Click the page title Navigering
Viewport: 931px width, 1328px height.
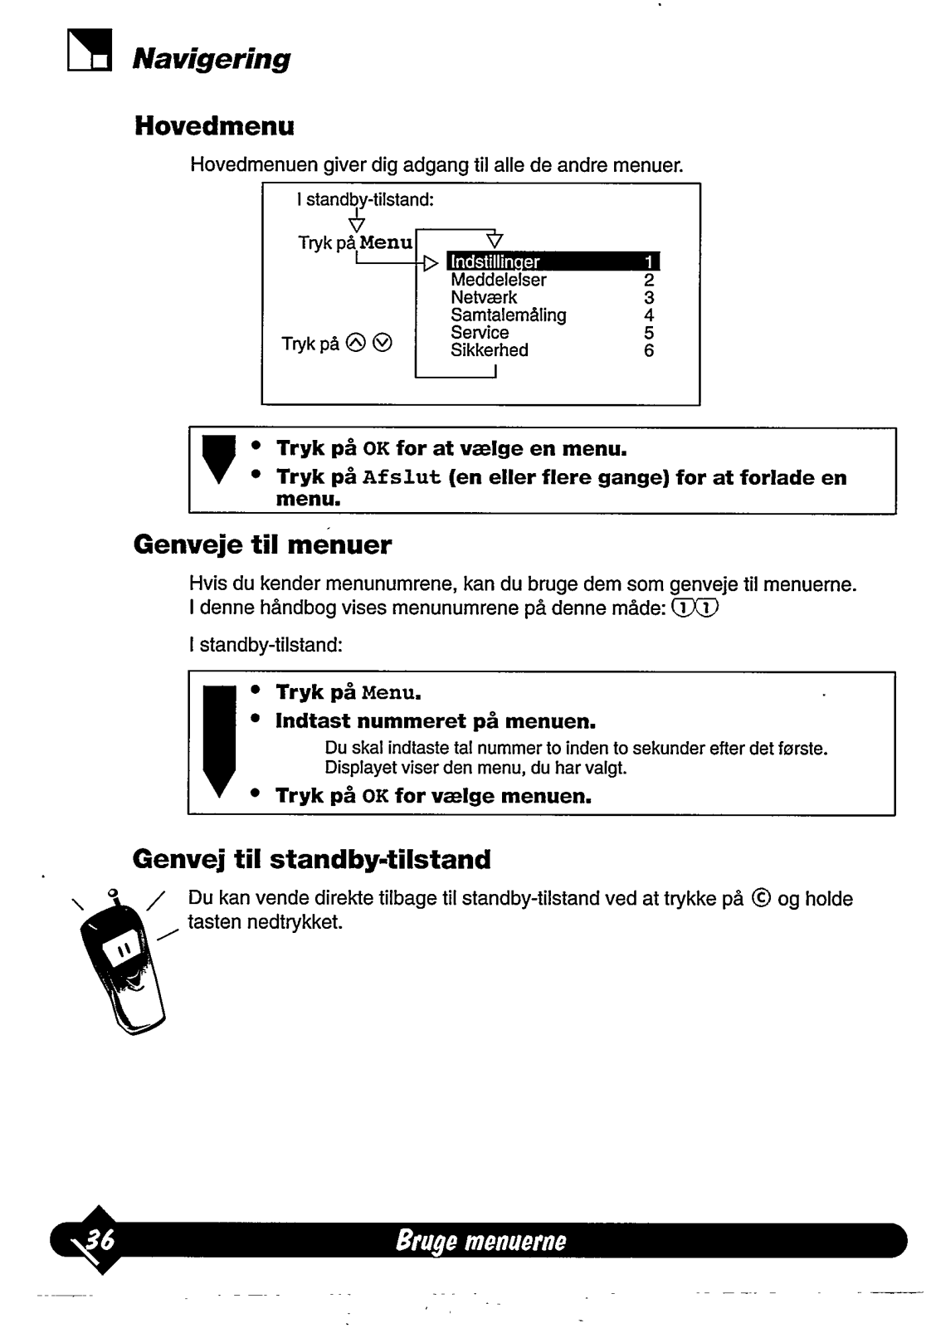click(212, 59)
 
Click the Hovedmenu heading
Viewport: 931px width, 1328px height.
click(214, 127)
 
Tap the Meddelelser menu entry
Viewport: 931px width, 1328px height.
click(498, 280)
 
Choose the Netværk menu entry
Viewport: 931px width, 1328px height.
click(484, 297)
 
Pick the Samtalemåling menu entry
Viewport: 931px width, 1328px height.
click(508, 315)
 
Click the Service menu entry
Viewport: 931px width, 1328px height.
click(480, 332)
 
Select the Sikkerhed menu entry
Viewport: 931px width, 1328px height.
click(489, 349)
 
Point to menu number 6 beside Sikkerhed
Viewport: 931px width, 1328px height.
click(649, 350)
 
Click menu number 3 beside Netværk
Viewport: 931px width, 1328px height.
click(649, 297)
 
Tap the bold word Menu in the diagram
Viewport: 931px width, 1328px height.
click(386, 242)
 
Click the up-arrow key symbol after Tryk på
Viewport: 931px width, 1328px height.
click(355, 343)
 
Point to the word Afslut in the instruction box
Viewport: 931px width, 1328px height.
click(402, 478)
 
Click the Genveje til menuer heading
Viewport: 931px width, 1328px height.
click(262, 545)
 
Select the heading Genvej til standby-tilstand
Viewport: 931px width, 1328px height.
click(311, 859)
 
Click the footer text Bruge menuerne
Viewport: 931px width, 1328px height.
click(481, 1241)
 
